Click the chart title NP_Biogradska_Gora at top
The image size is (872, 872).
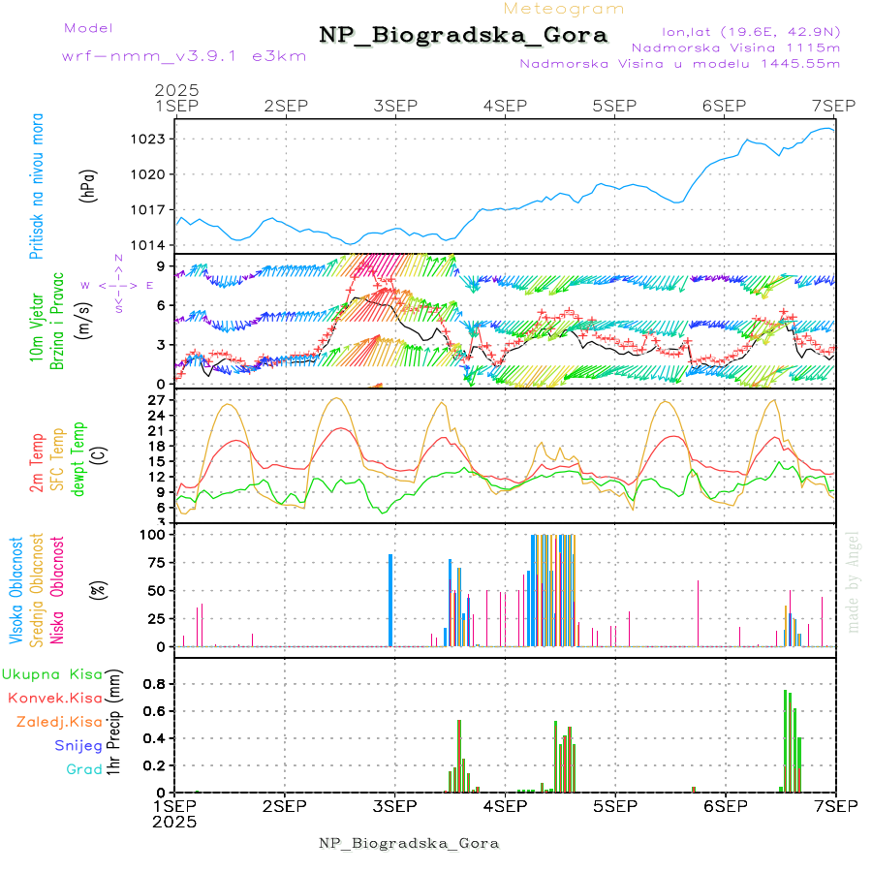click(463, 36)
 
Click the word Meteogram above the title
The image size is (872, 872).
click(564, 9)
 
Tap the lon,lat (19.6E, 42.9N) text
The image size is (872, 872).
click(751, 31)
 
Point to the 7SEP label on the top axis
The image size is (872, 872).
click(834, 105)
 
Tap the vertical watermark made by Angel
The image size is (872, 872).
click(853, 581)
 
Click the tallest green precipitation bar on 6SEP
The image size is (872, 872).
click(786, 740)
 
